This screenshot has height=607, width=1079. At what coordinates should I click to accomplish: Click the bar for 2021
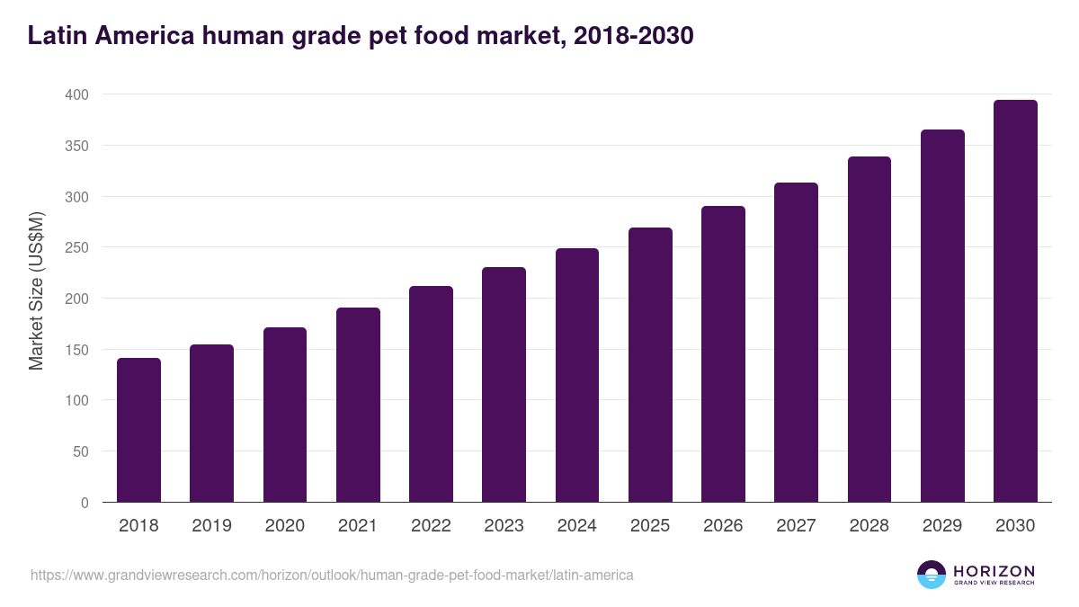(358, 405)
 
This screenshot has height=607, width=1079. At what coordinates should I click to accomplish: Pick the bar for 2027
(796, 343)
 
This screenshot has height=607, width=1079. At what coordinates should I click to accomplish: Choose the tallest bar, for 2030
(1015, 301)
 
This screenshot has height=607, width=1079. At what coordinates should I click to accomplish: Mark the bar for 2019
(212, 424)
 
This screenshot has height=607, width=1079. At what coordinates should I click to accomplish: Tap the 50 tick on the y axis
(80, 451)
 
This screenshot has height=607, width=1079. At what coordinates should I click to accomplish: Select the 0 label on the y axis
(85, 503)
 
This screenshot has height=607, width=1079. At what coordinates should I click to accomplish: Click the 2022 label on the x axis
(431, 526)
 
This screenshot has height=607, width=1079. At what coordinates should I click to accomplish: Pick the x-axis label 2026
(723, 526)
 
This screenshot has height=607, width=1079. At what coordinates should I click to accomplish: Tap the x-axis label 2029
(942, 526)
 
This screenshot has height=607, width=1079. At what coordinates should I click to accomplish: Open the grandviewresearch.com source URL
(332, 575)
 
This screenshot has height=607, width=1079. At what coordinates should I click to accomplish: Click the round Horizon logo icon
(932, 575)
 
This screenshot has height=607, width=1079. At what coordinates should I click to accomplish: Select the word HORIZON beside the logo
(994, 570)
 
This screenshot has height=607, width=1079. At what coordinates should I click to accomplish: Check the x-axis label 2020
(285, 526)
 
